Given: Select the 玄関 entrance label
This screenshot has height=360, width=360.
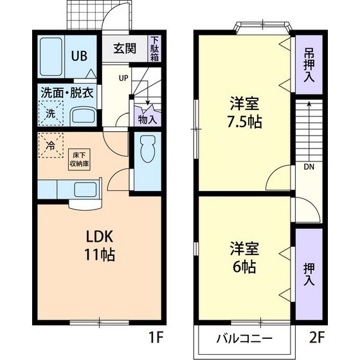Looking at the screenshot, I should (x=125, y=49).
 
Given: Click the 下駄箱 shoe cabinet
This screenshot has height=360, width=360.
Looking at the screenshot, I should (x=155, y=49).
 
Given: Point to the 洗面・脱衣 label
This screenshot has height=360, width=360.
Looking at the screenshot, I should (x=68, y=92).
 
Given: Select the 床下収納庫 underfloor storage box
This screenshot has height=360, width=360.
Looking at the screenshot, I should (x=80, y=158).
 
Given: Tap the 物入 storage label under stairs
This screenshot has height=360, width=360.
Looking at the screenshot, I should (x=147, y=118).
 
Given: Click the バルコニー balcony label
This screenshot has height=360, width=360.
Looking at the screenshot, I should (x=244, y=338).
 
